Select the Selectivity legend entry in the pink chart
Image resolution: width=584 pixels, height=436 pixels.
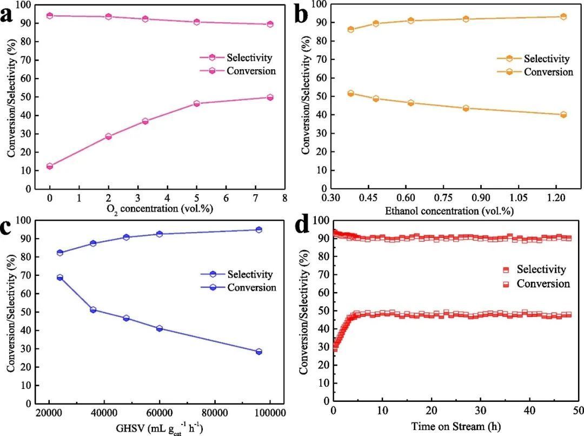(249, 57)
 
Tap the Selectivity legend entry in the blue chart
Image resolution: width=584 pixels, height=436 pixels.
(250, 275)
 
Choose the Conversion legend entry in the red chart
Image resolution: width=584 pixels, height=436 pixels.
(543, 283)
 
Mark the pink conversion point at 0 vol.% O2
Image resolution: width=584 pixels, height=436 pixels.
(50, 166)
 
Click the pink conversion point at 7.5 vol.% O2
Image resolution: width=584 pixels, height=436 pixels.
(270, 97)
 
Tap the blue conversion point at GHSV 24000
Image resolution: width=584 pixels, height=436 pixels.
(60, 278)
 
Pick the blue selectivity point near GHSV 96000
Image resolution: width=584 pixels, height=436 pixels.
(259, 230)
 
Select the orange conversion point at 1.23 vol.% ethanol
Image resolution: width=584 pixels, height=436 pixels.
(563, 115)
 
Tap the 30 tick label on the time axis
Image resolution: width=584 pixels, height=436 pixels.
(481, 412)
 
